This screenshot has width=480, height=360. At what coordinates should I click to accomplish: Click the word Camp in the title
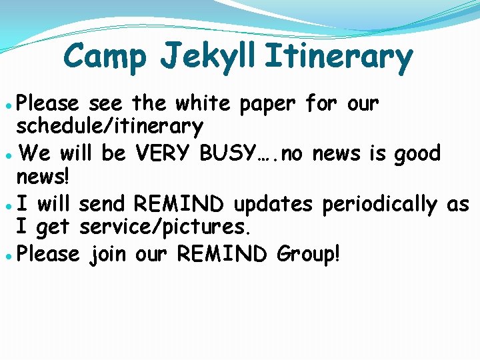pyautogui.click(x=105, y=57)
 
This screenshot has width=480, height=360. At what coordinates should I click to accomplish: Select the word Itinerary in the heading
pyautogui.click(x=339, y=57)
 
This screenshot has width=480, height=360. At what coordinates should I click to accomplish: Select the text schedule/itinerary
pyautogui.click(x=110, y=126)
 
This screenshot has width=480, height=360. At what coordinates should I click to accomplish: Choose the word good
pyautogui.click(x=417, y=155)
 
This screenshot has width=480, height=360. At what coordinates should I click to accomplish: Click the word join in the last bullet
pyautogui.click(x=107, y=254)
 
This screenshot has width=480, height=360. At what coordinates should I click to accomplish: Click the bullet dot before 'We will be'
pyautogui.click(x=7, y=155)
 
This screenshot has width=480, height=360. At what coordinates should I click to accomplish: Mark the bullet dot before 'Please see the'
pyautogui.click(x=7, y=105)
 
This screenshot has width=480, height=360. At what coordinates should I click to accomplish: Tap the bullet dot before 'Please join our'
pyautogui.click(x=7, y=256)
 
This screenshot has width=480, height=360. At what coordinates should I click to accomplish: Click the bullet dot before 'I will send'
pyautogui.click(x=7, y=206)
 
